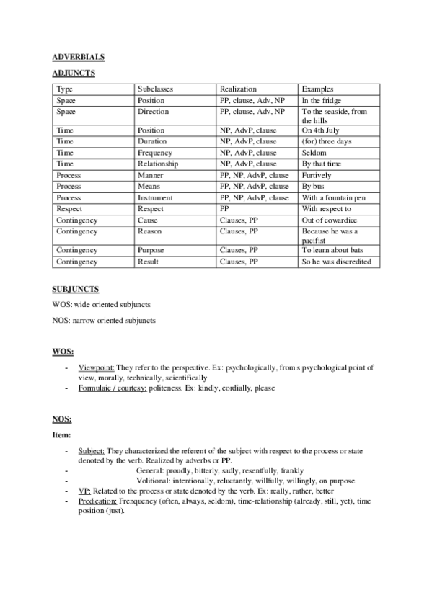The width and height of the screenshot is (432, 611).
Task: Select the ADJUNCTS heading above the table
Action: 74,73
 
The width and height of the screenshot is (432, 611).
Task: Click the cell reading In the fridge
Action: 322,101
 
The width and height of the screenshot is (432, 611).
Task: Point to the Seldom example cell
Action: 314,153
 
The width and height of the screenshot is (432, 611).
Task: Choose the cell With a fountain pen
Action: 337,197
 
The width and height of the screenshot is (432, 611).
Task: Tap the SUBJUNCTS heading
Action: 75,289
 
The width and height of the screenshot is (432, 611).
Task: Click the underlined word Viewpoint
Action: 97,367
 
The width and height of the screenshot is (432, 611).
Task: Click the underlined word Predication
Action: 99,499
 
